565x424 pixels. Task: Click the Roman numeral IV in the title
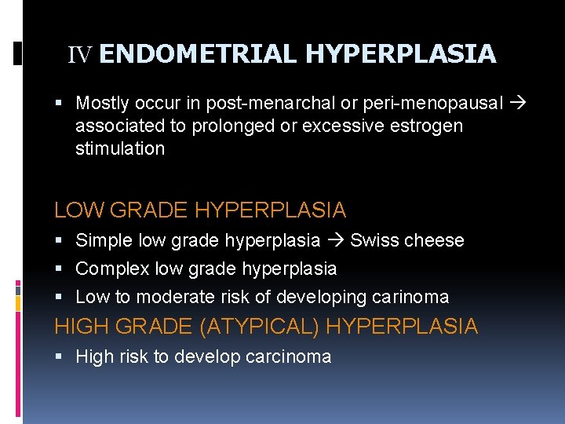(x=80, y=55)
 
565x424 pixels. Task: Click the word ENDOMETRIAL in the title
(x=199, y=54)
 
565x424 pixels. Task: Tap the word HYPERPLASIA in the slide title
(x=400, y=54)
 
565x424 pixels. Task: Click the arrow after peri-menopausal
(x=519, y=103)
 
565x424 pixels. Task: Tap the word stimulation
(x=120, y=148)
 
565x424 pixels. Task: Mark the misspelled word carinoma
(x=412, y=297)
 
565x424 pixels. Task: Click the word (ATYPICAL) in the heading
(x=260, y=327)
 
